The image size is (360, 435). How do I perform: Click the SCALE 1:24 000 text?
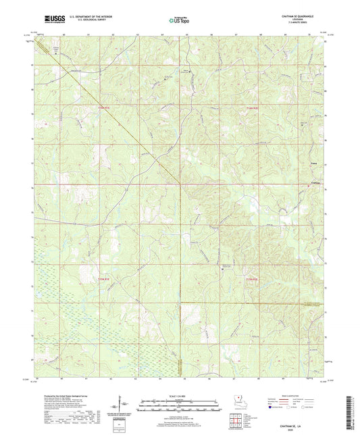point(180,396)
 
